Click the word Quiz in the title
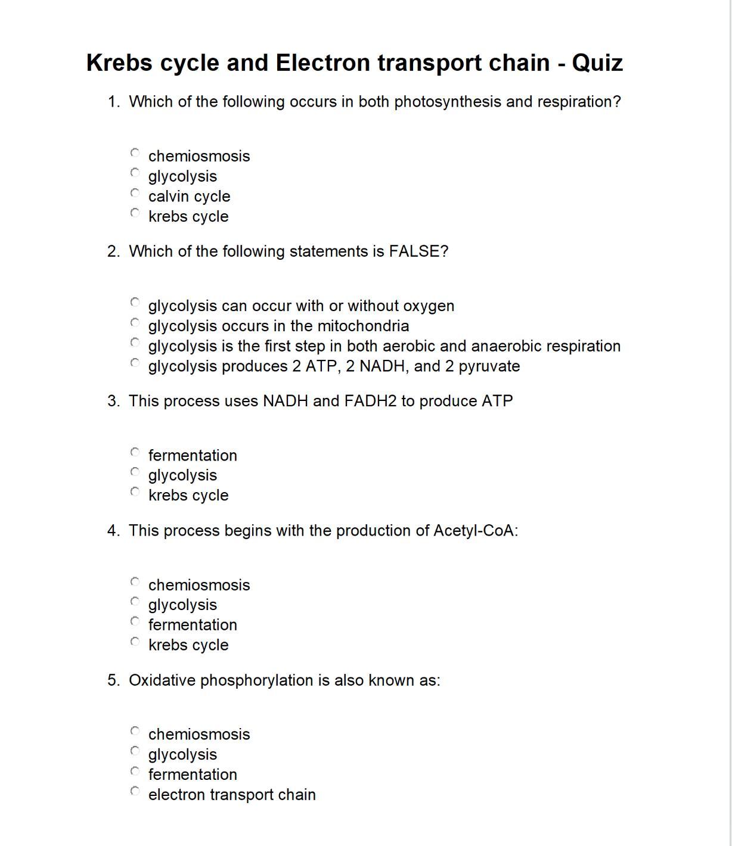click(597, 63)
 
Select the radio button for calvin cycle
click(135, 193)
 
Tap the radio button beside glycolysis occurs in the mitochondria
click(135, 323)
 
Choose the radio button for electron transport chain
click(135, 791)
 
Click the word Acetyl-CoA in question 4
click(475, 530)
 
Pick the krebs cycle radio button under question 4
click(135, 642)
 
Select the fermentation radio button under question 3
click(135, 452)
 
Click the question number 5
click(113, 680)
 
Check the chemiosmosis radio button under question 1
click(135, 153)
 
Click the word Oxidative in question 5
click(162, 680)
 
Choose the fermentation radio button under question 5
click(135, 771)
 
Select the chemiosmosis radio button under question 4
click(135, 581)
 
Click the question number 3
click(113, 401)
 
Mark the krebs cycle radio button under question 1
click(135, 213)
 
